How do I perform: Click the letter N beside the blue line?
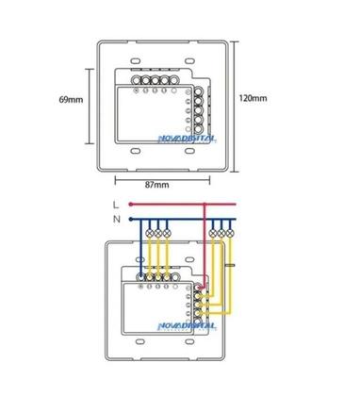pos(115,219)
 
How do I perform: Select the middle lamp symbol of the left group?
pos(155,231)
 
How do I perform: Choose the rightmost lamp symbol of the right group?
pos(231,231)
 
